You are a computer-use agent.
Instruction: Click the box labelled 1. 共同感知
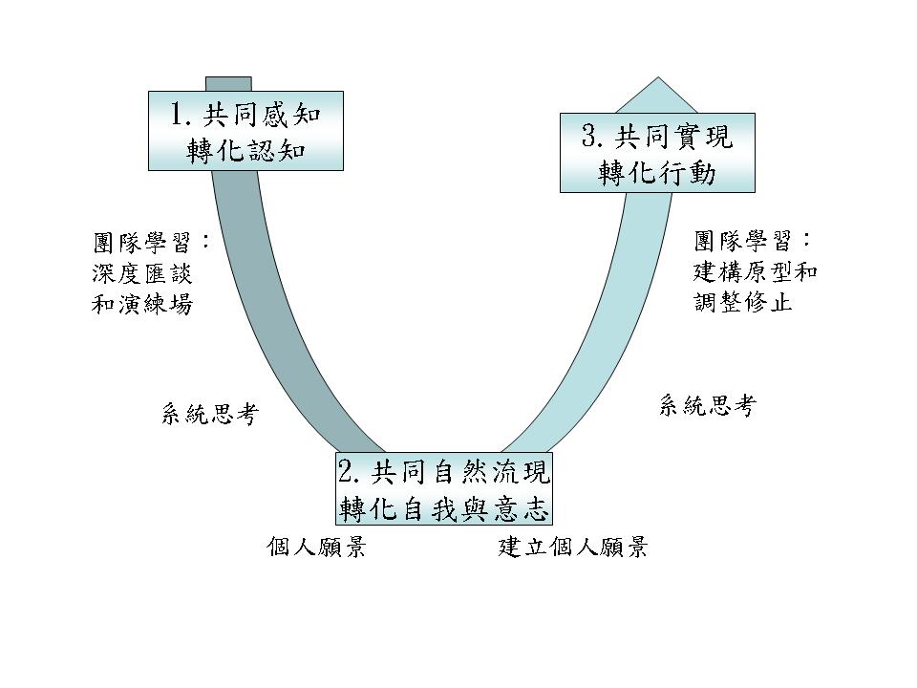pos(245,131)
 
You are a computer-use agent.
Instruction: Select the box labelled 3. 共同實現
pos(657,153)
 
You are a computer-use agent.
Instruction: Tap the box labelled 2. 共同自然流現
pos(444,490)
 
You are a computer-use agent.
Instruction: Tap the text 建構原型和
pos(755,271)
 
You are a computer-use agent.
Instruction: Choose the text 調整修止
pos(743,304)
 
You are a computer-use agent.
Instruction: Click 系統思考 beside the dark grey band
pos(209,415)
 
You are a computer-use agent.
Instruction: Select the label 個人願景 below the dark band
pos(316,548)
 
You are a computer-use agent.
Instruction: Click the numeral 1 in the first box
pos(178,116)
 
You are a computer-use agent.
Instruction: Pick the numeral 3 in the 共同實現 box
pos(590,137)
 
